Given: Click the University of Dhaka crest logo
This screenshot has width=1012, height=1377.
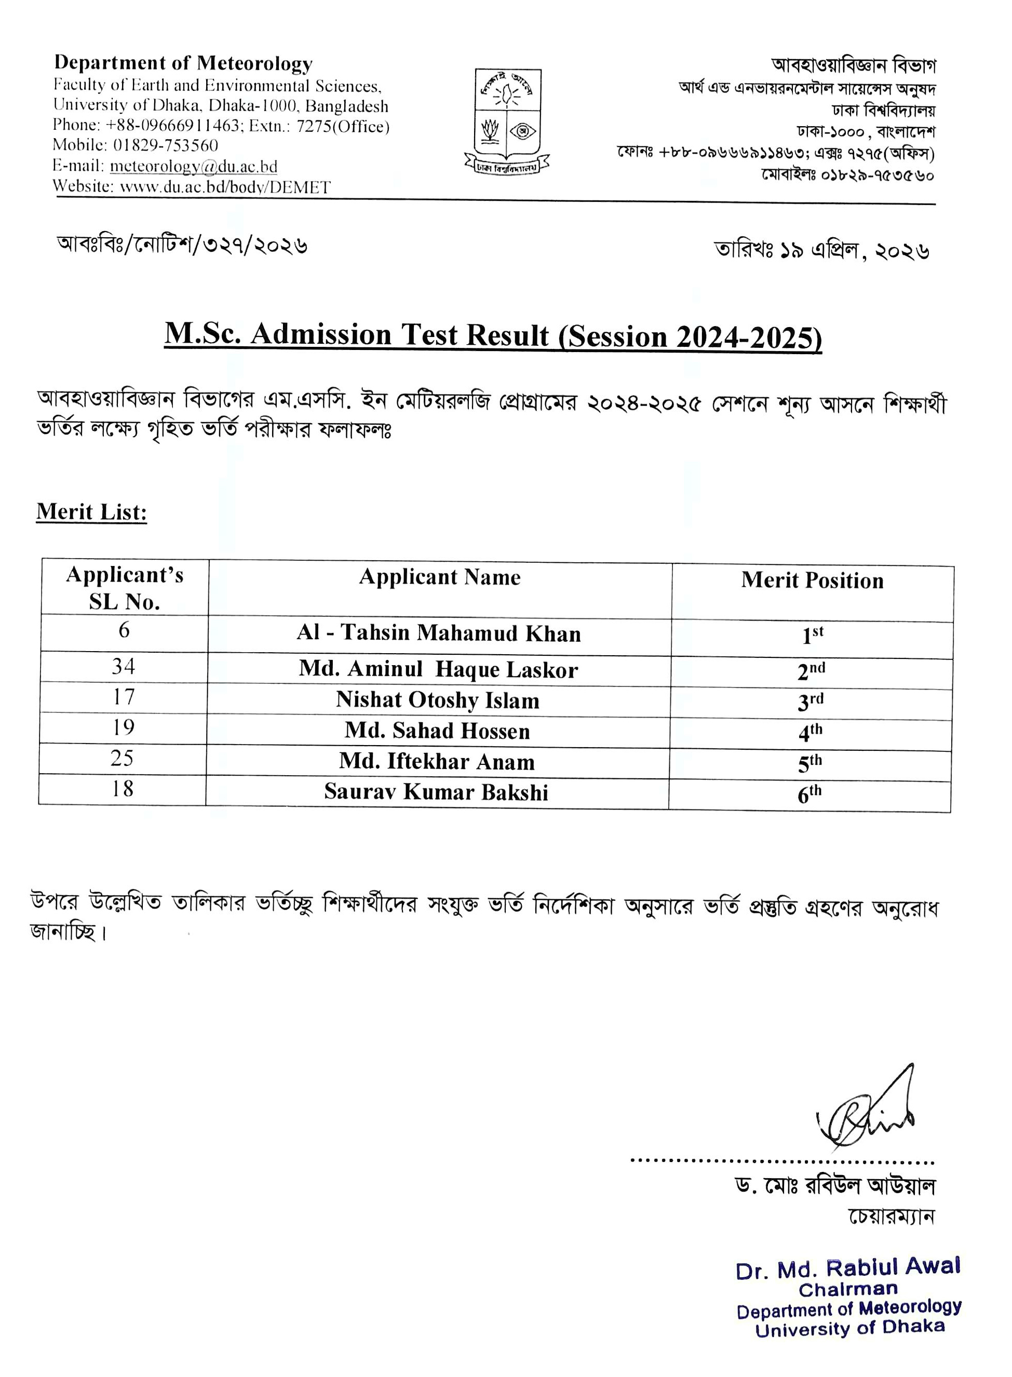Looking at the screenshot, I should click(x=507, y=119).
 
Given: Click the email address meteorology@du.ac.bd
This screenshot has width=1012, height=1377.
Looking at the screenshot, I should click(x=194, y=166).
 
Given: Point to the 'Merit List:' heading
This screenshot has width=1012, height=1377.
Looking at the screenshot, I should click(x=92, y=511).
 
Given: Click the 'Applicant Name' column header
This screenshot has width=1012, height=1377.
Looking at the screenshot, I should click(x=440, y=577).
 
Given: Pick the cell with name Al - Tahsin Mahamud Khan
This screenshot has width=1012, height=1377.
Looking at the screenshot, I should click(x=439, y=633).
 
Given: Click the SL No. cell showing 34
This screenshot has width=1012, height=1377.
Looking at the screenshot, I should click(x=123, y=667).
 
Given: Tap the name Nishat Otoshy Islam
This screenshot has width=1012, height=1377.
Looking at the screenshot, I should click(x=437, y=700).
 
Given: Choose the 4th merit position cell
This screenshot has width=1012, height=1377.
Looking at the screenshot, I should click(x=810, y=732).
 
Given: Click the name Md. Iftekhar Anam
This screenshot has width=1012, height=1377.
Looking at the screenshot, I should click(x=437, y=761).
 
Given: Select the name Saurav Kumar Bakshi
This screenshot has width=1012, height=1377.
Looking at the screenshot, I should click(x=436, y=792).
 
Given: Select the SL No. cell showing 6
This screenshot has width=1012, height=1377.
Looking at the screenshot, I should click(x=124, y=630).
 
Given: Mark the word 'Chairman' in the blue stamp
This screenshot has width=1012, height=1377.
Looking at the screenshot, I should click(x=848, y=1289).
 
